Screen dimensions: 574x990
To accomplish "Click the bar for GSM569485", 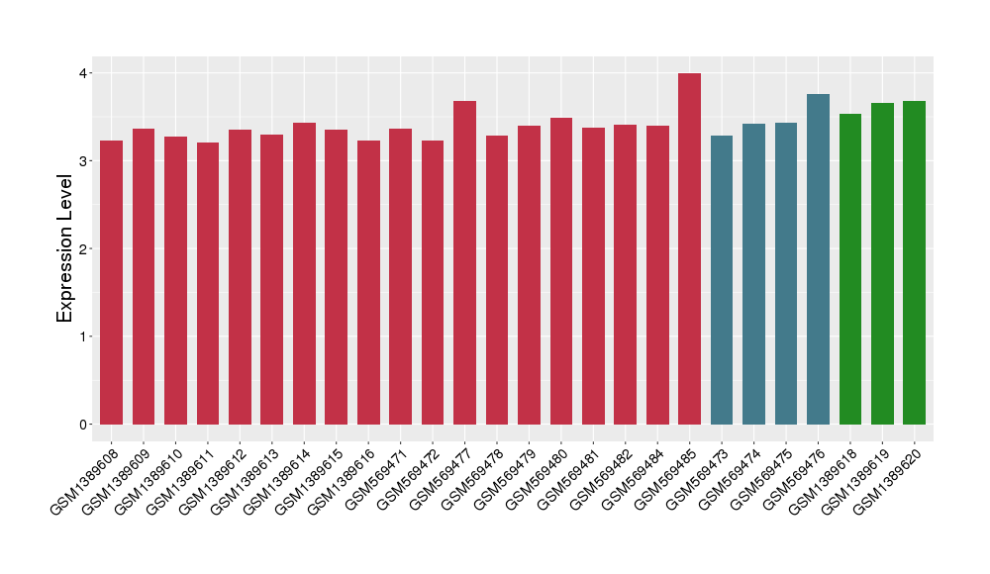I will [689, 248].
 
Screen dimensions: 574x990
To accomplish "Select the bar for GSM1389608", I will [111, 282].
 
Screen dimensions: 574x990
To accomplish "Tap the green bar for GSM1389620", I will [914, 262].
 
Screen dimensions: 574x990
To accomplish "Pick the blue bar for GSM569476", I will [818, 259].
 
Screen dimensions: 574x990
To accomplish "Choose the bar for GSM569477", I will [464, 262].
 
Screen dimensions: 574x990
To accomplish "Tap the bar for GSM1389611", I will [208, 283].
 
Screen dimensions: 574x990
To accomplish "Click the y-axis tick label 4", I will [85, 73].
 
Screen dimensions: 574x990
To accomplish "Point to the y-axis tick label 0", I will [85, 425].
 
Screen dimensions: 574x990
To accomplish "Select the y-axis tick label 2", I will [85, 248].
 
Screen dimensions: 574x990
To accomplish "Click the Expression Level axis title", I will [65, 248].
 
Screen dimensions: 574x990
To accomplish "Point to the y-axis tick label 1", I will [85, 336].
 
